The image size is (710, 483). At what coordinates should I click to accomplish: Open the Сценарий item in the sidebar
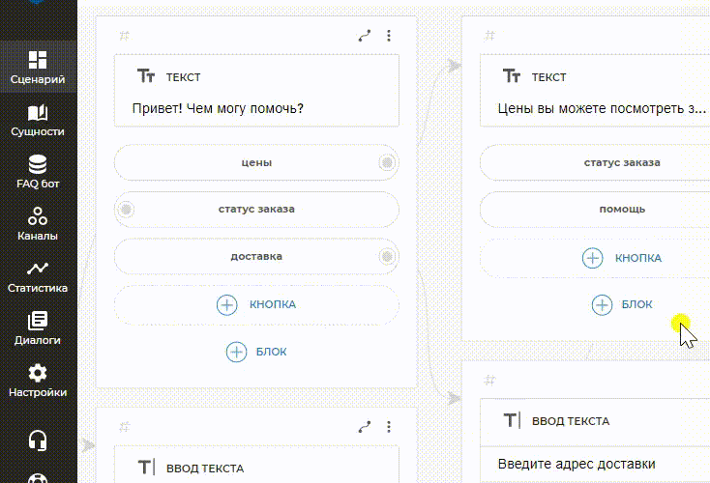pos(38,68)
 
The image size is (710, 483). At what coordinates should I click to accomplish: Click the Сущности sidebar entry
pos(38,121)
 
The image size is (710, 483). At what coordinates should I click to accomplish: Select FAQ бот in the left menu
pos(38,172)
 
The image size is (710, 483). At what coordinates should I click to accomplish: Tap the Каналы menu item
pos(38,224)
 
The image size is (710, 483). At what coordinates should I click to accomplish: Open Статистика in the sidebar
pos(38,276)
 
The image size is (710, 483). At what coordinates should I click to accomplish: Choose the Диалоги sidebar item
pos(38,328)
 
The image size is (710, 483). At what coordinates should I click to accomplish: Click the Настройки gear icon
pos(38,373)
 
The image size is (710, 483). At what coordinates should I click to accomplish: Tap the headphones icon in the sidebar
pos(38,440)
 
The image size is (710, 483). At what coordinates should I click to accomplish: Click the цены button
pos(256,162)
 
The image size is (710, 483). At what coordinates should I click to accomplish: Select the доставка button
pos(256,256)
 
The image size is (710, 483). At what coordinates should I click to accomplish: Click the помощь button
pos(622,209)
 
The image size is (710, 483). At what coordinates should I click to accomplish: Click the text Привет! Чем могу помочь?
pos(218,108)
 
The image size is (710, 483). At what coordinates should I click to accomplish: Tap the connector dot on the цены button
pos(387,162)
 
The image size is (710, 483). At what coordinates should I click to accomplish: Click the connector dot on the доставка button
pos(387,256)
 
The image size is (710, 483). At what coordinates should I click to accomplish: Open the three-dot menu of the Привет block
pos(389,36)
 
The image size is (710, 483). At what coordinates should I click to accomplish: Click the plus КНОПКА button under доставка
pos(256,305)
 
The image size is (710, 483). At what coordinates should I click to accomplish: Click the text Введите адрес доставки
pos(577,464)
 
